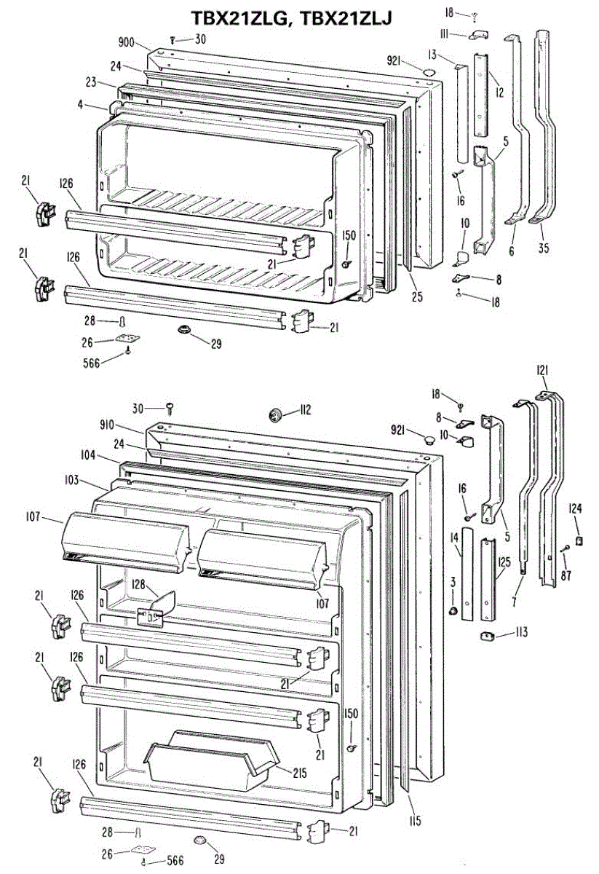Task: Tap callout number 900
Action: (127, 42)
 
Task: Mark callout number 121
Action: (542, 371)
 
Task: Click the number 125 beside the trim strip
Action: (504, 562)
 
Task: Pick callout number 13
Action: (452, 54)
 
